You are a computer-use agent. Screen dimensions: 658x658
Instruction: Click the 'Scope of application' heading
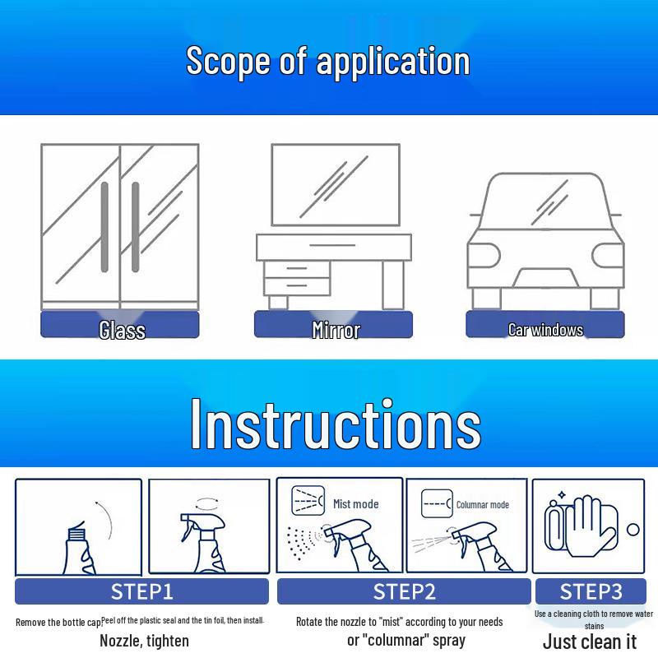coord(327,62)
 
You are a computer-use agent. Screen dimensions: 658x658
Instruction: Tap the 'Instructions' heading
coord(336,424)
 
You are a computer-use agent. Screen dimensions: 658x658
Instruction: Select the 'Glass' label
coord(122,330)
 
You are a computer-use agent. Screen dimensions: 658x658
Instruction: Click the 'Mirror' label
coord(336,331)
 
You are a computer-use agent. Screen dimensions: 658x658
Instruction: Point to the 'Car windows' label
coord(545,330)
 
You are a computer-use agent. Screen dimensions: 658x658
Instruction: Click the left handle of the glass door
coord(104,227)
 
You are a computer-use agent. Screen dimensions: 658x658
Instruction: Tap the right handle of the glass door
coord(136,227)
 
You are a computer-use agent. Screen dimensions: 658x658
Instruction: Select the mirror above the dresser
coord(336,185)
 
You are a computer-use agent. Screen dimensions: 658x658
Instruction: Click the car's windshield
coord(545,202)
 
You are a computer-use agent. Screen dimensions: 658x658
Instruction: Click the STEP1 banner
coord(141,591)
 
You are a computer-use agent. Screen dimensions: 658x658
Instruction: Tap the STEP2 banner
coord(404,591)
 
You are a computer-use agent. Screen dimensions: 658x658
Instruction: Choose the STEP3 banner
coord(591,591)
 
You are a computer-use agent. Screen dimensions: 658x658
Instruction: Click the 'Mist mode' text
coord(356,503)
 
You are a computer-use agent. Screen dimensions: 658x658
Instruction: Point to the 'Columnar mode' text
coord(483,504)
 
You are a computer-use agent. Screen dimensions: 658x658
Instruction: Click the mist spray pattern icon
coord(308,501)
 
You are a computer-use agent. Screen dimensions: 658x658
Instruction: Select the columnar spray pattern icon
coord(437,503)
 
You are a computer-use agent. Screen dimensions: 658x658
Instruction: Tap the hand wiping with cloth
coord(587,526)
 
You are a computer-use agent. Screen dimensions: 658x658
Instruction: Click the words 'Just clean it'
coord(590,642)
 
